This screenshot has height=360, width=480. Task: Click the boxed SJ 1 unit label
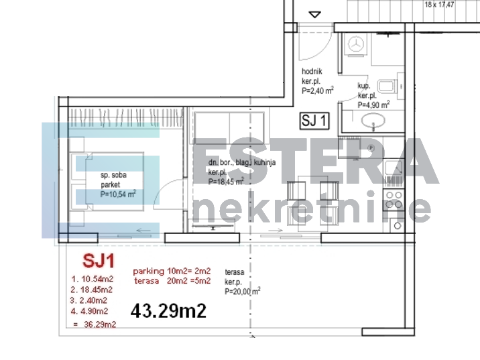[x=315, y=121]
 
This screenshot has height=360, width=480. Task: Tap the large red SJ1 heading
[x=97, y=259]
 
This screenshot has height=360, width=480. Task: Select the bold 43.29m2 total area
[x=168, y=311]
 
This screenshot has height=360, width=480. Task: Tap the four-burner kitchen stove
[x=394, y=200]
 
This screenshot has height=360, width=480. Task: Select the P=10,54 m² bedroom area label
[x=118, y=194]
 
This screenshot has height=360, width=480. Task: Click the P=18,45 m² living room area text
[x=225, y=181]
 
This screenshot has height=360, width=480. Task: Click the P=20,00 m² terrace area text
[x=243, y=291]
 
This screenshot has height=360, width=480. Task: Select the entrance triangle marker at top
[x=315, y=14]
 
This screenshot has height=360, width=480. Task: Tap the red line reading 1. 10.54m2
[x=91, y=278]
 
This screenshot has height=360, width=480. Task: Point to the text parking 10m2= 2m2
[x=172, y=271]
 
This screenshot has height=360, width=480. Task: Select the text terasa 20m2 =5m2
[x=172, y=280]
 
